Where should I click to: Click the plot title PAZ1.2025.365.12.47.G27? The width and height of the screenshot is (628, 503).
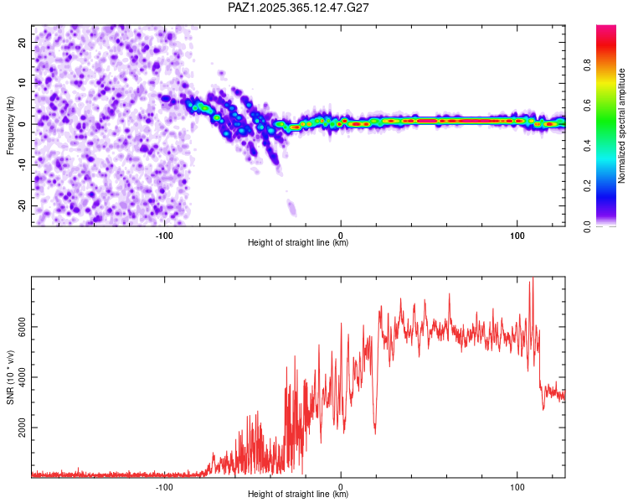(x=299, y=8)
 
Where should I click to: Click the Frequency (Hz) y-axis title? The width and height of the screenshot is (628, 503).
(x=10, y=124)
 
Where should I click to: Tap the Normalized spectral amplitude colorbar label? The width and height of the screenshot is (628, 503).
(x=621, y=126)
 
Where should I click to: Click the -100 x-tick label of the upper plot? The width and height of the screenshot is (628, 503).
(x=164, y=235)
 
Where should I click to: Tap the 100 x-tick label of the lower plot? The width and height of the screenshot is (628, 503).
(x=517, y=486)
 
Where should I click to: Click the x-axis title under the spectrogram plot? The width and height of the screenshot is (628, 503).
(x=298, y=243)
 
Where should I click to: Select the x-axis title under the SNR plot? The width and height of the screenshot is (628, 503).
(x=298, y=495)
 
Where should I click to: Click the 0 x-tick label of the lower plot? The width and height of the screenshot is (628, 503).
(x=341, y=486)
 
